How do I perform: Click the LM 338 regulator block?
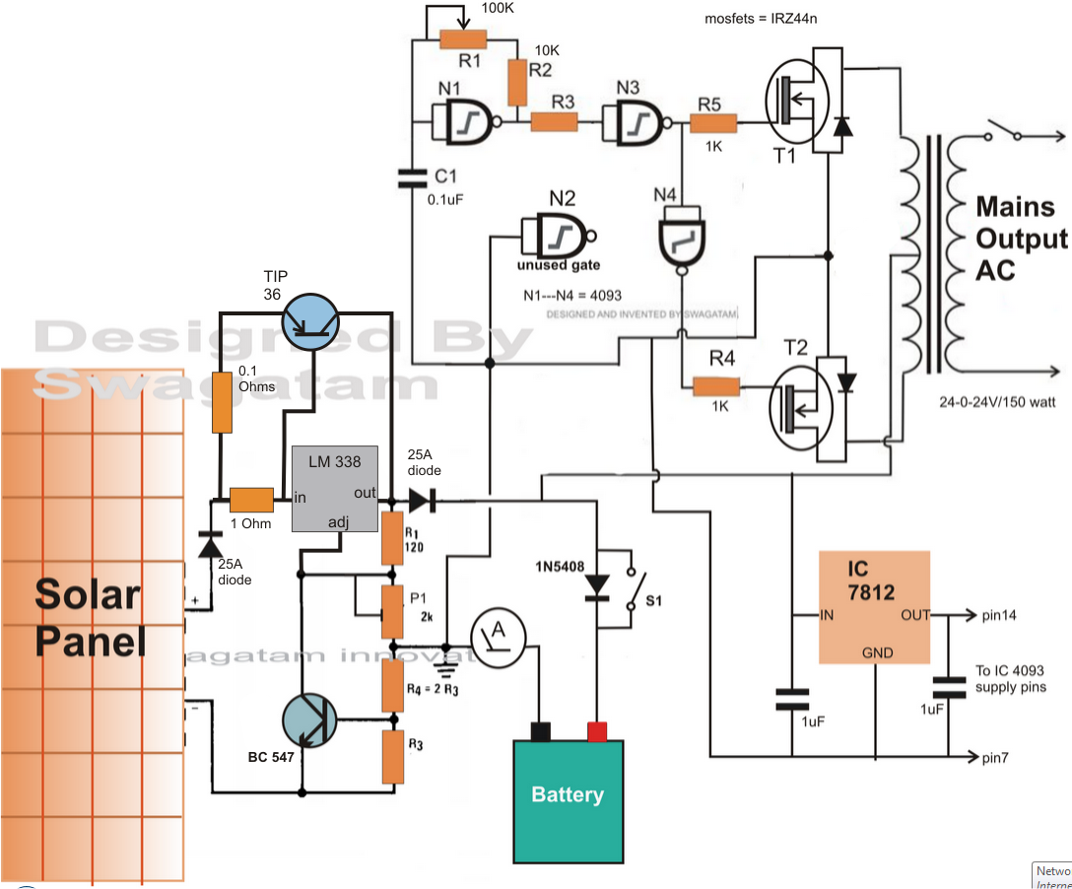[x=335, y=489]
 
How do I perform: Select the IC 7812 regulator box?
[x=875, y=607]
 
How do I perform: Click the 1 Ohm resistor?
[x=251, y=500]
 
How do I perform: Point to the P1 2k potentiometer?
[x=392, y=611]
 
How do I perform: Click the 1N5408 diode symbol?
[x=596, y=585]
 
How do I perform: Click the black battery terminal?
[x=539, y=730]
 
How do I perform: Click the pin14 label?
[x=1001, y=615]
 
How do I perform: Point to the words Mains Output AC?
[x=1021, y=238]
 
